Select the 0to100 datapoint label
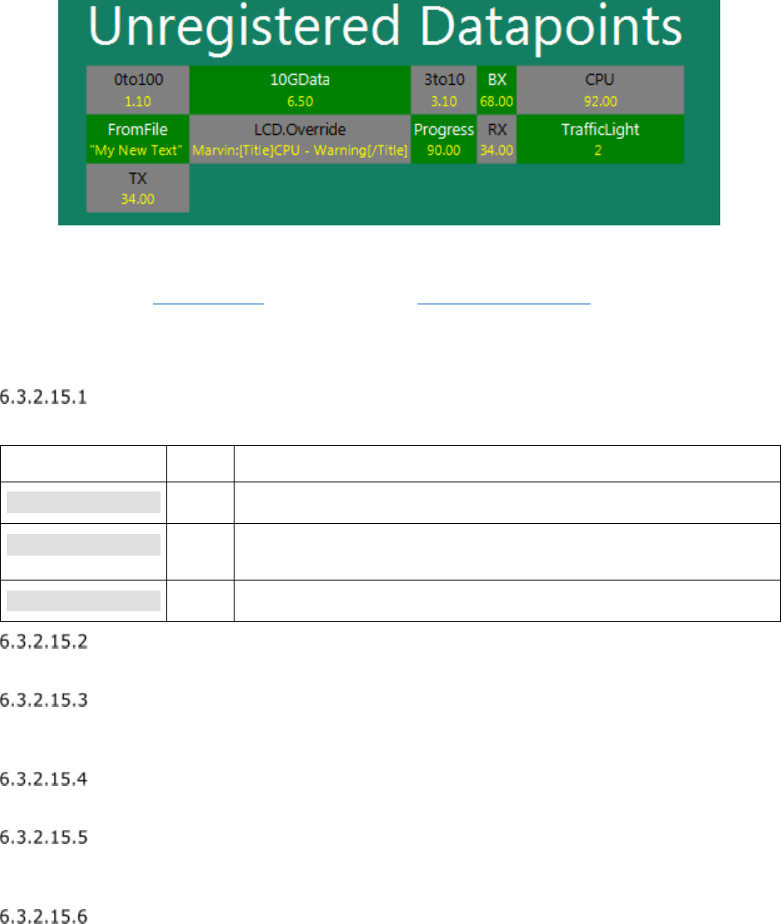[x=138, y=81]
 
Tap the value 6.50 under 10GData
[x=300, y=101]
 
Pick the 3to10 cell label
[x=444, y=81]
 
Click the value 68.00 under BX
[x=497, y=101]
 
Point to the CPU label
[x=601, y=81]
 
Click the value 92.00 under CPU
[x=601, y=101]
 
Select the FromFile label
[x=138, y=130]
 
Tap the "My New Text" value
[x=138, y=151]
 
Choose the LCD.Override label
[x=300, y=130]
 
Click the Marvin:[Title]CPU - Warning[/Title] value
[x=300, y=151]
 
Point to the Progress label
[x=444, y=130]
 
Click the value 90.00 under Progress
[x=444, y=151]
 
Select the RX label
[x=497, y=130]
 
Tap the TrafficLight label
[x=601, y=130]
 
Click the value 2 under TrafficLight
[x=601, y=151]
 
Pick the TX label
[x=138, y=179]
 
